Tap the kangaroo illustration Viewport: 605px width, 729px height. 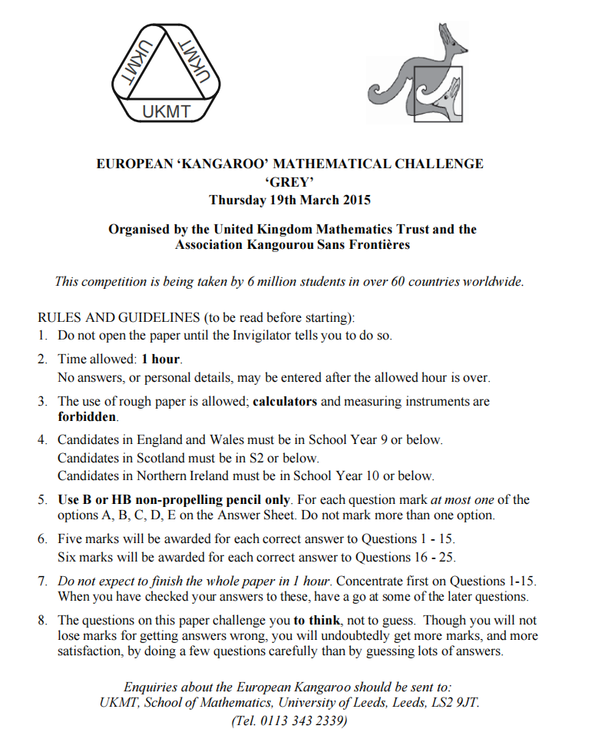tap(415, 74)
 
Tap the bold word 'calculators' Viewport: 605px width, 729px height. tap(286, 401)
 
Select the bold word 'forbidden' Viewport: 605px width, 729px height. tap(88, 417)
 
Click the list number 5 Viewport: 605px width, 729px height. tap(43, 499)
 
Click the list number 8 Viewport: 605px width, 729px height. tap(43, 620)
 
